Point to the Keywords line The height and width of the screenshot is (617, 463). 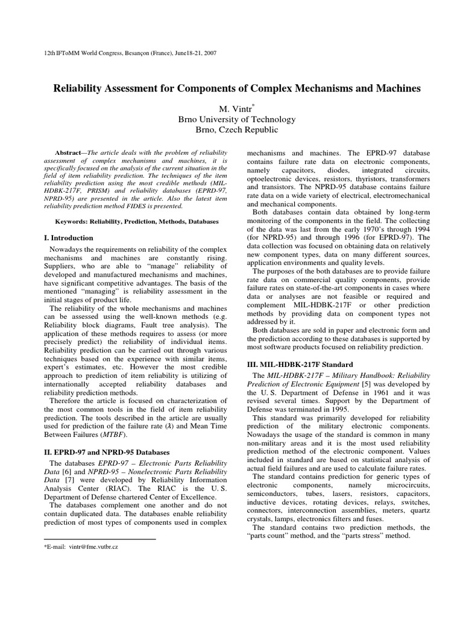click(x=137, y=222)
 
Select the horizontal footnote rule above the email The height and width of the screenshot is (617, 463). click(x=100, y=539)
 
